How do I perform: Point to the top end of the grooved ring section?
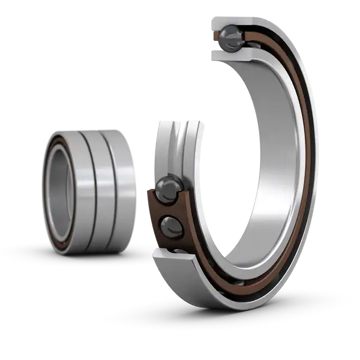pos(174,120)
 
